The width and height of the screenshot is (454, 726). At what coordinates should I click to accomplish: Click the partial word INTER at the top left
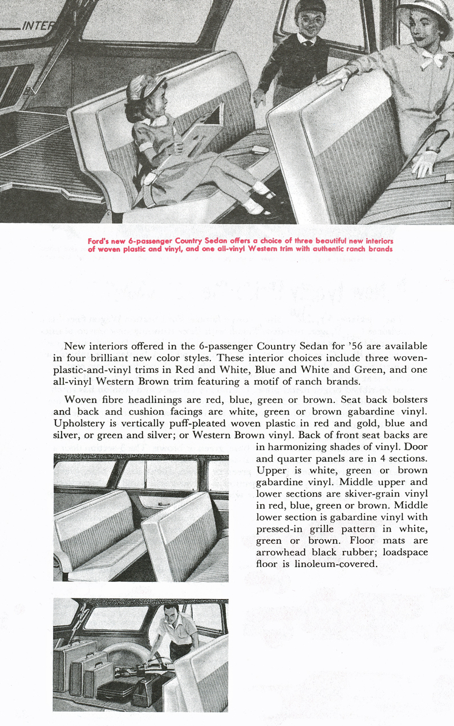coord(37,26)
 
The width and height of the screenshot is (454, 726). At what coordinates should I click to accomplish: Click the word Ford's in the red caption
coord(102,240)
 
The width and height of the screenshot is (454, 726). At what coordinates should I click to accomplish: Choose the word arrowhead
coord(285,552)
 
